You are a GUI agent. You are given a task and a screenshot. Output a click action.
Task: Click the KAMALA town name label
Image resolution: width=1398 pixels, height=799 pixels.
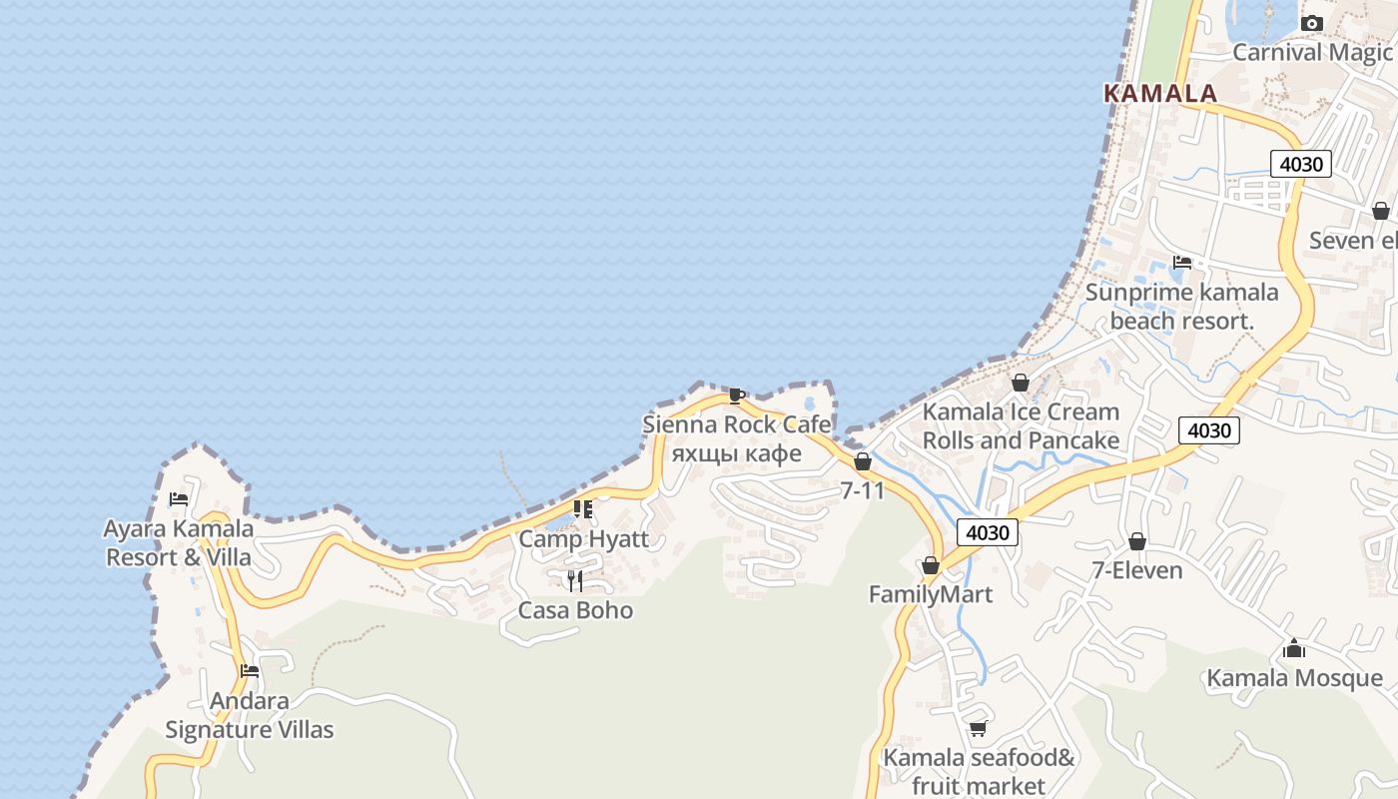click(x=1160, y=93)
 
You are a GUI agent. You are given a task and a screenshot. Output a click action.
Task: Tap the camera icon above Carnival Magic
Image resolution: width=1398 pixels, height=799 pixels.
click(x=1312, y=23)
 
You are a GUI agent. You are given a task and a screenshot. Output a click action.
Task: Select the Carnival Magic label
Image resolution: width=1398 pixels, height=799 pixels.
click(x=1312, y=52)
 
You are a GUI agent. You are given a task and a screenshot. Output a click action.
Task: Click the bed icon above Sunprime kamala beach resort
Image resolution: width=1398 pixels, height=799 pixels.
click(x=1182, y=263)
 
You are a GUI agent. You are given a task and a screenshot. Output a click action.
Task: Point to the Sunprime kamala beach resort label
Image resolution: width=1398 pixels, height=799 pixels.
click(x=1182, y=307)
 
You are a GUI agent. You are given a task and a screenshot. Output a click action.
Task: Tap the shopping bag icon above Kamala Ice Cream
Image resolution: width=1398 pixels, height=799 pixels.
click(x=1020, y=382)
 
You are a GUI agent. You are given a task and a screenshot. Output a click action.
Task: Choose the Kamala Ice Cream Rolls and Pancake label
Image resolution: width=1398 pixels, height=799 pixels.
click(x=1021, y=425)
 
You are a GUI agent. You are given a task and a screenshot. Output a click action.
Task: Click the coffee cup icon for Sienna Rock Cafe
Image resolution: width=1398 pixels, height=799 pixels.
click(x=736, y=396)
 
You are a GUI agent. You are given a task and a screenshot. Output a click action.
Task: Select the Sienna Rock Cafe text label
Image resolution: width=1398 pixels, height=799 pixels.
click(x=737, y=424)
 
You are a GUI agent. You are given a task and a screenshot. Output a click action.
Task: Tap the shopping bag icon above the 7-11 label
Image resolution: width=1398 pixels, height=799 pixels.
click(x=863, y=461)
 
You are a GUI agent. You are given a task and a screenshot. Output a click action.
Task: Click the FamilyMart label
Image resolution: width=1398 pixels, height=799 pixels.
click(x=931, y=594)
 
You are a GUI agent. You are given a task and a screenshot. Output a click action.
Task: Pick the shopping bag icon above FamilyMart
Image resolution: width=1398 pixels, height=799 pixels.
click(x=931, y=565)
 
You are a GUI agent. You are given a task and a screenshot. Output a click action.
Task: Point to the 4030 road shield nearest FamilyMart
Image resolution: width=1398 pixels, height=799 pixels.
click(x=988, y=532)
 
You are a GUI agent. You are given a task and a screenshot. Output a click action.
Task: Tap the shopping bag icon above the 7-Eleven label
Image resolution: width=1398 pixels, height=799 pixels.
click(x=1136, y=541)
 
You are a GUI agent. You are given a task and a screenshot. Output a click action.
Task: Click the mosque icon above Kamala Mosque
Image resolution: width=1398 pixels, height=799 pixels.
click(x=1294, y=649)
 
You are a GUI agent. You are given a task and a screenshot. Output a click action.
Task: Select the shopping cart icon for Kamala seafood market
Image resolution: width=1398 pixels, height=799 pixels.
click(x=978, y=728)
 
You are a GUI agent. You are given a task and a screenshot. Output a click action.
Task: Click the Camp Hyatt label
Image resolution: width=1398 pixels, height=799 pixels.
click(x=583, y=539)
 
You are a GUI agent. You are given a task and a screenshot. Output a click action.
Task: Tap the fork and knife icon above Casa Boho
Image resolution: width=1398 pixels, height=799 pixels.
click(x=575, y=581)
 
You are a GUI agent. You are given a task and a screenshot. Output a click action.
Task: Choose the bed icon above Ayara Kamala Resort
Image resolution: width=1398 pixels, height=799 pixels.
click(x=179, y=498)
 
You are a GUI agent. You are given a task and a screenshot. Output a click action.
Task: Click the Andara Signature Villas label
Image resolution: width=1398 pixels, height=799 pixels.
click(x=250, y=715)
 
